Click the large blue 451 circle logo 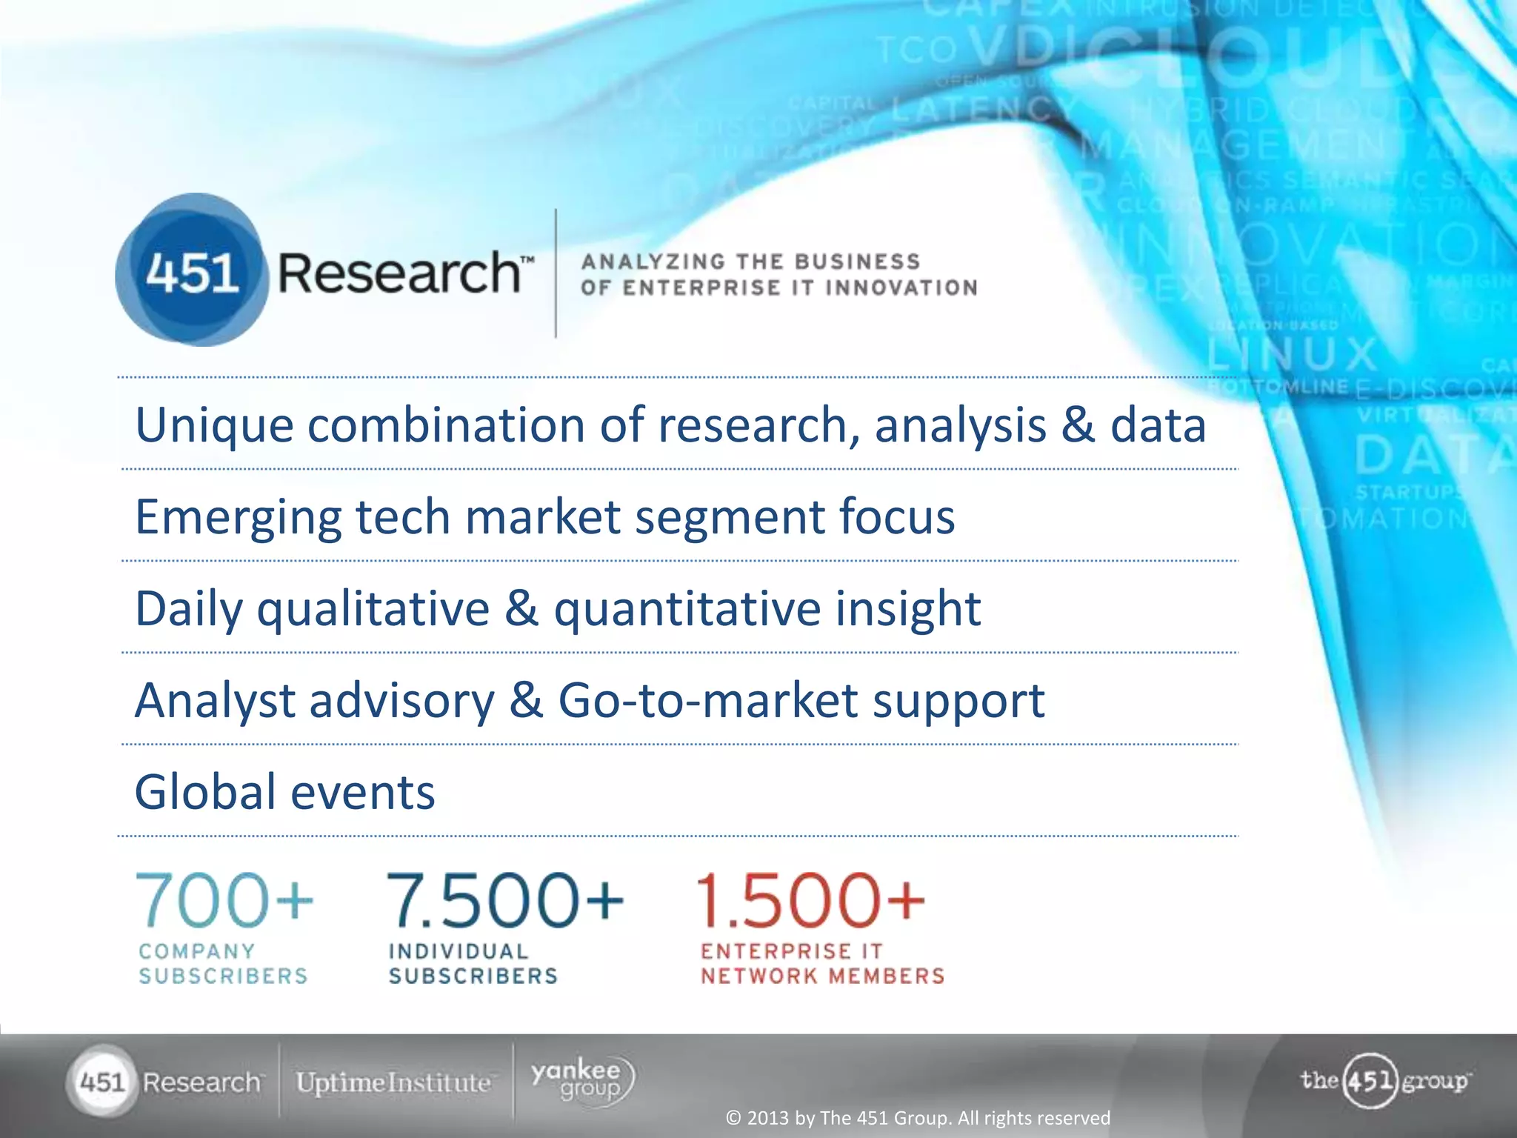191,271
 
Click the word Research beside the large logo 400,273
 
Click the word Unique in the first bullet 214,425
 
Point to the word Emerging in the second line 238,517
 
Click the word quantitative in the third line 687,609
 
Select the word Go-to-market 707,700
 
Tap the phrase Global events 284,791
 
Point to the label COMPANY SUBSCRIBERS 223,963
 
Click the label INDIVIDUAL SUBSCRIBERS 473,963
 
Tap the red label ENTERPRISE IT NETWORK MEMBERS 822,963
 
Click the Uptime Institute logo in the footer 393,1082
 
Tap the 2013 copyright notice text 918,1117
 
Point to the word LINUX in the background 1292,354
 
